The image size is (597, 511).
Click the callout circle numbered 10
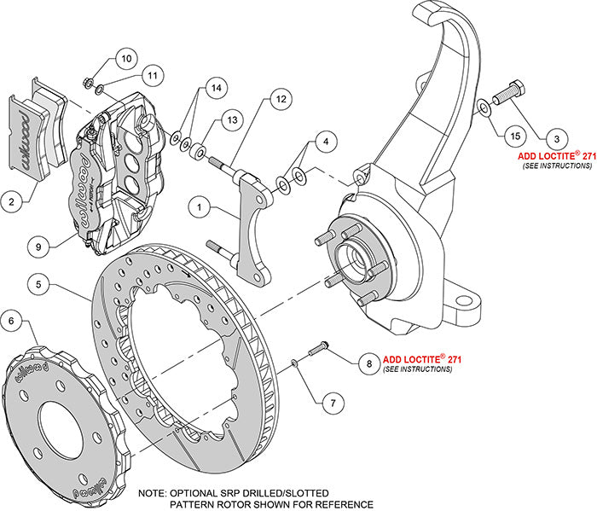125,59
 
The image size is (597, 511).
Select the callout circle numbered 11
152,76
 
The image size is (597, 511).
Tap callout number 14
216,88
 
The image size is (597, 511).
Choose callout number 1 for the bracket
198,206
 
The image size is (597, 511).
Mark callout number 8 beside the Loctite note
368,364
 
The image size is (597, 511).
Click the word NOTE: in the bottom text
154,493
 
